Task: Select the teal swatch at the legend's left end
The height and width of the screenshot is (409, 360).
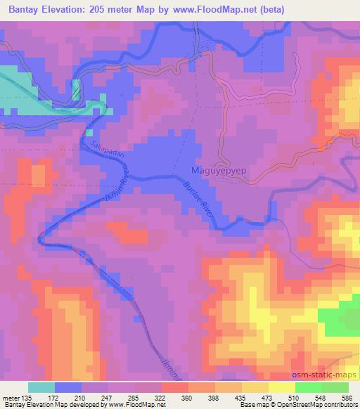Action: pyautogui.click(x=41, y=387)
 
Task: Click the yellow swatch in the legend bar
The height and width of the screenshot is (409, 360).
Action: pyautogui.click(x=281, y=387)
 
